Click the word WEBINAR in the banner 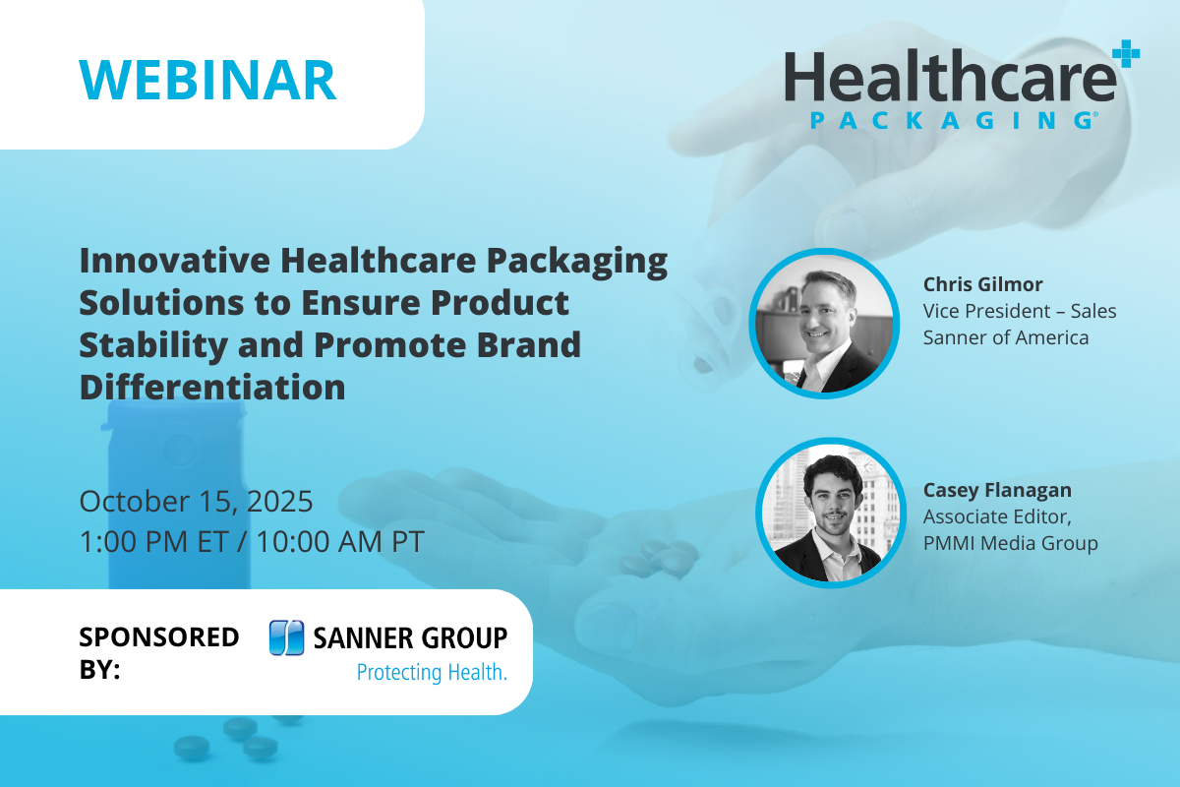coord(207,80)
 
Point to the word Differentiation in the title coord(212,387)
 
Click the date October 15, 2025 coord(196,501)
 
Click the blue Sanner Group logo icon coord(285,638)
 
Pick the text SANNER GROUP coord(410,638)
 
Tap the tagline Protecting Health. coord(431,674)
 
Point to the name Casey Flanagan coord(997,490)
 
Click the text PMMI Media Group coord(1010,543)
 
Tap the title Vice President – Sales coord(1020,311)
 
